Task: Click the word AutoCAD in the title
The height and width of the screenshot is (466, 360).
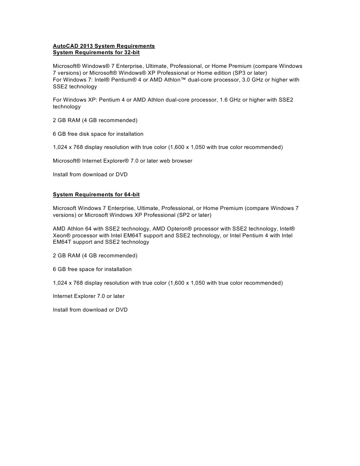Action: click(66, 46)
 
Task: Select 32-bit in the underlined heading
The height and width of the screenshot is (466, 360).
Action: click(129, 53)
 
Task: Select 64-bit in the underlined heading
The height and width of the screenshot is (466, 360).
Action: click(129, 195)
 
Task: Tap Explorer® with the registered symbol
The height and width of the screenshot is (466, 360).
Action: click(119, 161)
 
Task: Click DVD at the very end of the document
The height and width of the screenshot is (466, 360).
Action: click(122, 310)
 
